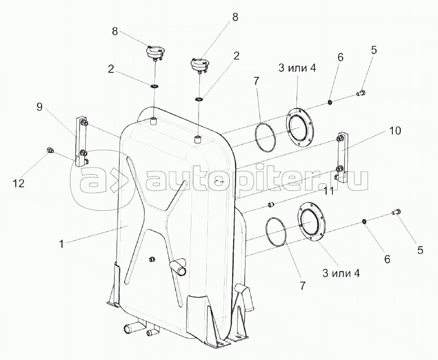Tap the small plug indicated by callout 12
tap(50, 150)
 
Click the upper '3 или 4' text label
tap(297, 69)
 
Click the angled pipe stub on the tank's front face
tap(177, 268)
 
